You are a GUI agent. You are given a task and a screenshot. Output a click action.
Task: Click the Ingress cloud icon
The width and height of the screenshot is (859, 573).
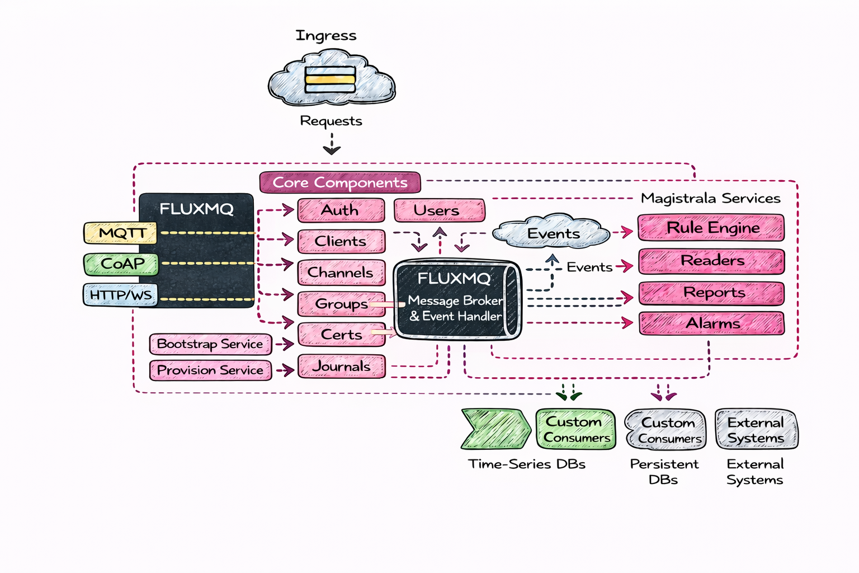[x=331, y=79]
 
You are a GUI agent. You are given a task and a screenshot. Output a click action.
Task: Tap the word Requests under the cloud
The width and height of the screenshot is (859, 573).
[x=331, y=121]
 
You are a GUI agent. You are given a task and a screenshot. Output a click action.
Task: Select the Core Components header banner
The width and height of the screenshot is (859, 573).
[x=340, y=182]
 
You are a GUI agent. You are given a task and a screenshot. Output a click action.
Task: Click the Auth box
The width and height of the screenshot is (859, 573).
[x=341, y=210]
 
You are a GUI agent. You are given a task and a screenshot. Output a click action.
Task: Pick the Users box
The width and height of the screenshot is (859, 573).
[x=439, y=210]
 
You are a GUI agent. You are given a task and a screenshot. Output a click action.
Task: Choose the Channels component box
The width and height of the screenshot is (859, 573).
[x=341, y=273]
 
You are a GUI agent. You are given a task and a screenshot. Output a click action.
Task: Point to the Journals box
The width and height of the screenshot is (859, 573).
[x=341, y=367]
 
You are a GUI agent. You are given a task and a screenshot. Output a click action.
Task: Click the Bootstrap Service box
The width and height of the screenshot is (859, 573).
[x=210, y=344]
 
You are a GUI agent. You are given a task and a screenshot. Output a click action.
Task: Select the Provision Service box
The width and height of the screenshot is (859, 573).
[x=210, y=370]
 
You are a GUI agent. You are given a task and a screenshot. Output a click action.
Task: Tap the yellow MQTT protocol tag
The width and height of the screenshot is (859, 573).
[x=120, y=233]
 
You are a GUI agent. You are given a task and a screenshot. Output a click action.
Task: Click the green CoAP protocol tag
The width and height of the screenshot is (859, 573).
[x=121, y=264]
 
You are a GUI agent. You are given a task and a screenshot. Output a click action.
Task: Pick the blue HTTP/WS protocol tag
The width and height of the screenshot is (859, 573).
[x=120, y=295]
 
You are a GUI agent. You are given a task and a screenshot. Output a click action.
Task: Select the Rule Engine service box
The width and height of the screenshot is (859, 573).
[x=711, y=228]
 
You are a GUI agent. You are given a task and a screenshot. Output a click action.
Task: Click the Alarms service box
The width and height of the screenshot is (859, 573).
[x=711, y=323]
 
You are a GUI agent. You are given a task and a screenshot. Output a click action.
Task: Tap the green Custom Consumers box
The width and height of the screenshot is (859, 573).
[x=575, y=429]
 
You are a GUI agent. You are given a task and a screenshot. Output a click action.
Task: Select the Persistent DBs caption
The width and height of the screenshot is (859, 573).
[x=664, y=471]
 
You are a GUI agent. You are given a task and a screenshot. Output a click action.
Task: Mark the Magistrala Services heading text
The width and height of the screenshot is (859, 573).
[x=710, y=198]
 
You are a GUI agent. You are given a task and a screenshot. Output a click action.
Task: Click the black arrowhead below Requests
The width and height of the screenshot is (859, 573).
[x=332, y=149]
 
